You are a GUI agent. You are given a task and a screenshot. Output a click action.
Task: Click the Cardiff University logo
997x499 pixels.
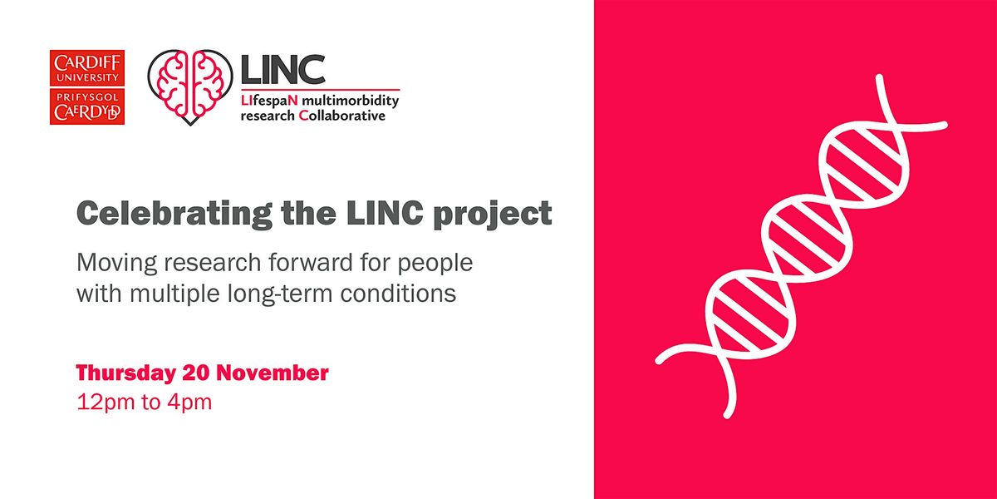click(x=86, y=88)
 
